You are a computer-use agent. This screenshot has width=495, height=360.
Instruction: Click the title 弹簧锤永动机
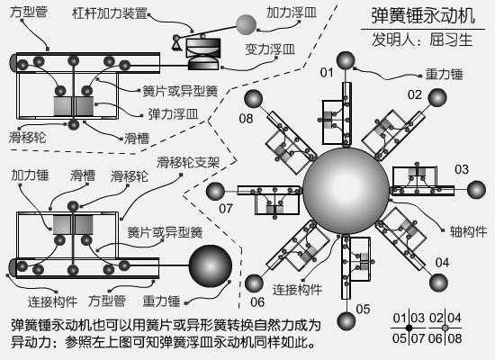coord(423,16)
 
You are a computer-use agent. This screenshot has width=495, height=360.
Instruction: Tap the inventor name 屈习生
coord(451,40)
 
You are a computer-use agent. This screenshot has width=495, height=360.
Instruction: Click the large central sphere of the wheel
coord(346,191)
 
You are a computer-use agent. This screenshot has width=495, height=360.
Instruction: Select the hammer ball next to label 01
coord(346,60)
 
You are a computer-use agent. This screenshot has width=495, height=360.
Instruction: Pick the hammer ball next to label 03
coord(476,190)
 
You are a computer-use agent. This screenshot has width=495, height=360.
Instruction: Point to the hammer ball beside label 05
coord(346,321)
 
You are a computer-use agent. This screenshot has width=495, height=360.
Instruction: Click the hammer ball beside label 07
coord(215,192)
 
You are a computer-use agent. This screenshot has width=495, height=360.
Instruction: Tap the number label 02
coord(415,94)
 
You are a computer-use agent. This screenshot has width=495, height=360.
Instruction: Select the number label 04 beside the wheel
coord(442,262)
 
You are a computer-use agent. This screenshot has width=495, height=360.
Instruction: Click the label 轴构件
coord(468,232)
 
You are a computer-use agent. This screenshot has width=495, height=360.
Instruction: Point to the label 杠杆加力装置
coord(110,13)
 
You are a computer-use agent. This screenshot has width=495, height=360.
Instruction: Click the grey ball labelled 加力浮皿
coord(246,24)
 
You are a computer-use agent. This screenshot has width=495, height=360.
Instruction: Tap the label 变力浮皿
coord(270,49)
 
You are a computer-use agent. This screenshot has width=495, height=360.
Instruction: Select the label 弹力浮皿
coord(174,114)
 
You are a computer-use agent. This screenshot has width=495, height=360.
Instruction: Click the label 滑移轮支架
coord(188,163)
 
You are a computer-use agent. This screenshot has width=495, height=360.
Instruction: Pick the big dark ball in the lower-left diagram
coord(211,265)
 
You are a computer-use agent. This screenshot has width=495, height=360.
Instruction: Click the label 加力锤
coord(30,175)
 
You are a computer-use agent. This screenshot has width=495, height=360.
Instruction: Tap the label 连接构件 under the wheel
coord(297,289)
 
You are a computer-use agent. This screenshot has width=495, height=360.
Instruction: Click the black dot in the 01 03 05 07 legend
coord(409,328)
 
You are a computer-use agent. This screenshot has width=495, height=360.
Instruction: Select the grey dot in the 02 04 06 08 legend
coord(445,328)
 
